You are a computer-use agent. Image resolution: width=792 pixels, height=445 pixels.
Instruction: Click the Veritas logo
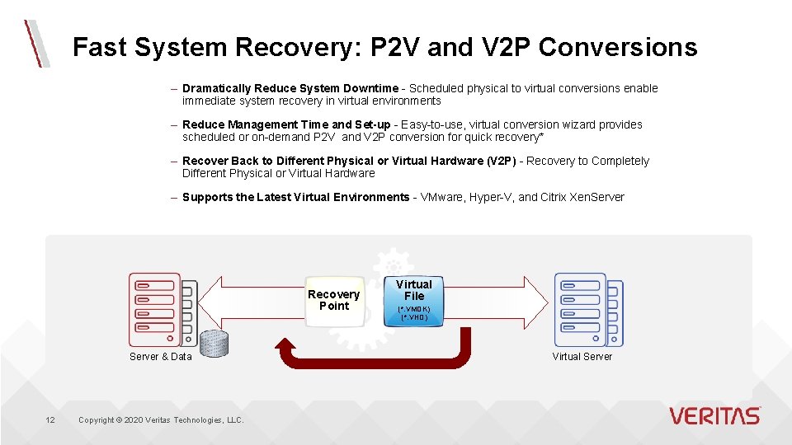coord(714,415)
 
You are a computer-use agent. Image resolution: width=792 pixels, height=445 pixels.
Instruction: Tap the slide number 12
coord(50,420)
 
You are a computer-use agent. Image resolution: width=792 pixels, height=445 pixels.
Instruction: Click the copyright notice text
coord(161,420)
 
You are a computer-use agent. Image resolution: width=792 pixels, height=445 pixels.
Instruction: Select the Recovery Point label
coord(333,300)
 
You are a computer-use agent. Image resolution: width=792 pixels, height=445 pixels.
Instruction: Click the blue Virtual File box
coord(414,300)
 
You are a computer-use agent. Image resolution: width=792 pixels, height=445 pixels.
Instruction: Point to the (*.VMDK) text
coord(414,309)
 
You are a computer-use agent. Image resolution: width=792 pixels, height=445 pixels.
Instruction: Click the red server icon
coord(155,309)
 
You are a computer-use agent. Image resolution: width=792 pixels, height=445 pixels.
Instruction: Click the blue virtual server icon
coord(581,309)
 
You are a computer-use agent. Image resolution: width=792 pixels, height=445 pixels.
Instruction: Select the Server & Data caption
coord(160,357)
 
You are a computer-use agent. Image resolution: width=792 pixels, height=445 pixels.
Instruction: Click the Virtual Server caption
coord(582,357)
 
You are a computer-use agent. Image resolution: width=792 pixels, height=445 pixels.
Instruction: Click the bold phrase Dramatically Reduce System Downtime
coord(290,88)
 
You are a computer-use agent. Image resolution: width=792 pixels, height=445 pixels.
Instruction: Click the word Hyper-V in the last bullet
coord(492,197)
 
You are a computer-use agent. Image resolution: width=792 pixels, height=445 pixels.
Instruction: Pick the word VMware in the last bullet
coord(443,197)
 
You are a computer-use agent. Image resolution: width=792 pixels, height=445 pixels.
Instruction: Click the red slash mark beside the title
coord(35,43)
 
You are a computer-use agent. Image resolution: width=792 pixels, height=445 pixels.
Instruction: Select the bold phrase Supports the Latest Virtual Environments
coord(295,197)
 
